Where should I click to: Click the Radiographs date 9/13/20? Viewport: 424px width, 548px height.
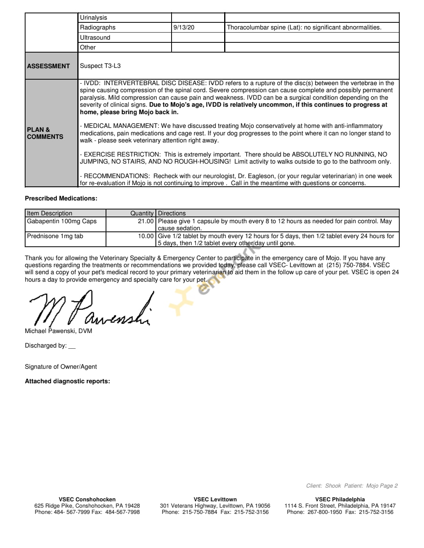point(184,27)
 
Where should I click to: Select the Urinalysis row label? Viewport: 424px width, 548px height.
point(93,18)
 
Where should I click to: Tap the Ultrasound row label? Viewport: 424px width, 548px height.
point(95,38)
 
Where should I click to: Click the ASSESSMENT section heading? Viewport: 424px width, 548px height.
point(48,66)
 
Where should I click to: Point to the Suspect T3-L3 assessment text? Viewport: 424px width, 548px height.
point(100,66)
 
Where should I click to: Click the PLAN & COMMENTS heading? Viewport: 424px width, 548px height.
point(45,133)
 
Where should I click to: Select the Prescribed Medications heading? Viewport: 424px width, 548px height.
point(61,198)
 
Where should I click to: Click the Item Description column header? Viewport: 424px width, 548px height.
point(49,213)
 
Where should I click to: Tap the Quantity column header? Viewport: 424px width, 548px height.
point(142,213)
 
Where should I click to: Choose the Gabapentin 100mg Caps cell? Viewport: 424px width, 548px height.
point(62,221)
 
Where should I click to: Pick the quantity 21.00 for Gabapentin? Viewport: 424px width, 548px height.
point(146,221)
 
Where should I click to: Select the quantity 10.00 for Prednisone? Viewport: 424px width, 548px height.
point(146,236)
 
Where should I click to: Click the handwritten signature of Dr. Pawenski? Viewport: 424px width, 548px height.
point(90,310)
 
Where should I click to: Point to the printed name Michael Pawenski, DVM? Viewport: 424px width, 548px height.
point(58,331)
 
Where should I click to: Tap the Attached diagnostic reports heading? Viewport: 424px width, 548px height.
point(67,381)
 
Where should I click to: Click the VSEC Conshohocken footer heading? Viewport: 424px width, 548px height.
point(87,499)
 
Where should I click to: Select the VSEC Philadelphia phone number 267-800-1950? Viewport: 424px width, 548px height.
point(325,512)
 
